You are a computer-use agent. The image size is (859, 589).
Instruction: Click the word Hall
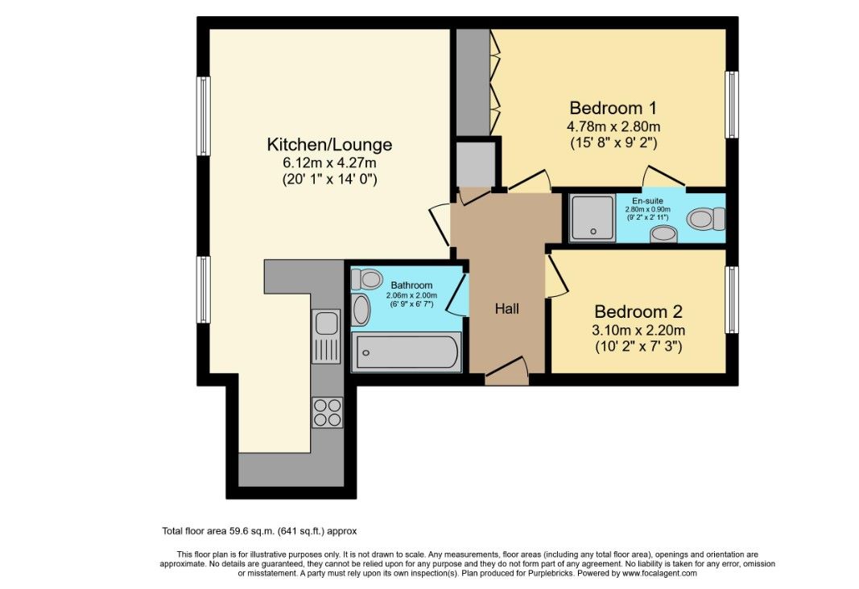click(x=506, y=308)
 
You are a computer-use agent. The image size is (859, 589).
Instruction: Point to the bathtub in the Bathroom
click(x=406, y=352)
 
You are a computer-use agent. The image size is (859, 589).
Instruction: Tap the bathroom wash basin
click(x=361, y=310)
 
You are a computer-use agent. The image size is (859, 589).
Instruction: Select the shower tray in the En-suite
click(x=593, y=217)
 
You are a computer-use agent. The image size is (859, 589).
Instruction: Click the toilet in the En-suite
click(x=707, y=217)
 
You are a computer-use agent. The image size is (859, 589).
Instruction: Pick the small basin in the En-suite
click(x=663, y=234)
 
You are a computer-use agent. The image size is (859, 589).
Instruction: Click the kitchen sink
click(x=327, y=323)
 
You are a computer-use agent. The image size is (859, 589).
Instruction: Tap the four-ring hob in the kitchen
click(x=327, y=412)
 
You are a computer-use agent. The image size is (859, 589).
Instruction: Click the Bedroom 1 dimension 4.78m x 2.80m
click(x=614, y=126)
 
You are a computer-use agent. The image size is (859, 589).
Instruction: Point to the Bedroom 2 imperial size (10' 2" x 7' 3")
click(x=639, y=347)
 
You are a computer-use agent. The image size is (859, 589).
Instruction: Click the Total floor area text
click(x=259, y=531)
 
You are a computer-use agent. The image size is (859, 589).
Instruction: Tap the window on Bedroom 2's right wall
click(x=731, y=299)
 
